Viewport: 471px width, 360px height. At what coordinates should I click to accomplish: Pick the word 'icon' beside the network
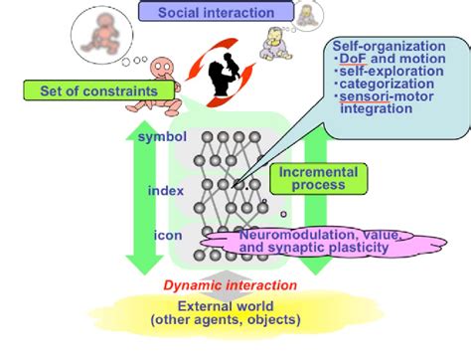point(168,236)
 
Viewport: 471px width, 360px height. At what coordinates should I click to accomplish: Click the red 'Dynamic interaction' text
point(231,285)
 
